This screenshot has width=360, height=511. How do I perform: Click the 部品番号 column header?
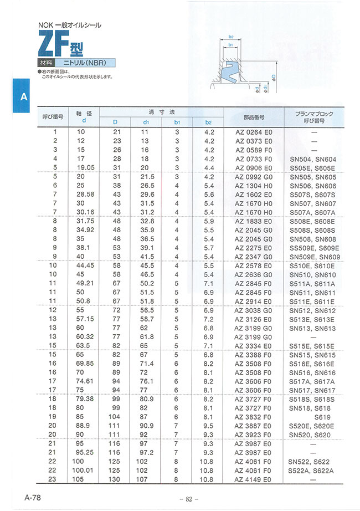click(254, 117)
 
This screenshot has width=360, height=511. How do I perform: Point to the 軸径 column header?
click(84, 116)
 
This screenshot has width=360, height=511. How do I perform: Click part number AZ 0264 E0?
click(254, 132)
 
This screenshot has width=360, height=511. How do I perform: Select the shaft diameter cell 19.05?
click(84, 167)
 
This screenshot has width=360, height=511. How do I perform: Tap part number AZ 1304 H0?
click(254, 185)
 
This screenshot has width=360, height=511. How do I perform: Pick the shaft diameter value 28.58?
click(84, 194)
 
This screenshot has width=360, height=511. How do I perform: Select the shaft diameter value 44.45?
click(84, 265)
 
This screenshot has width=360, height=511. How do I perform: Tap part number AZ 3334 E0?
click(254, 345)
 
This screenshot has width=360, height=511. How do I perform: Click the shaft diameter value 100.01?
click(84, 470)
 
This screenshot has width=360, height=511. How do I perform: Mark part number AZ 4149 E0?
click(254, 479)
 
